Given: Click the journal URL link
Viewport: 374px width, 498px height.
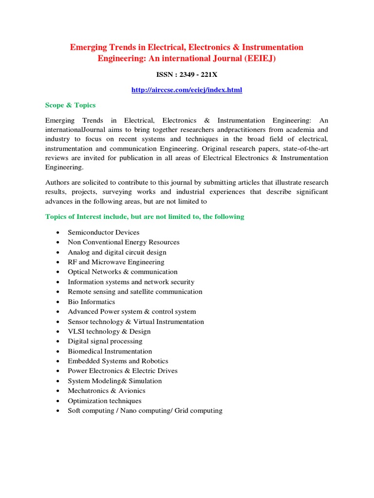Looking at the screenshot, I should pos(187,90).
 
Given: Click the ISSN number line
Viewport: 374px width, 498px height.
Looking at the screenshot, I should pos(187,75).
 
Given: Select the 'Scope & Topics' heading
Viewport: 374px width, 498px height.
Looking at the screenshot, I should pos(70,105).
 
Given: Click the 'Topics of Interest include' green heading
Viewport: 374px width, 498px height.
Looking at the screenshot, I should pos(145,216).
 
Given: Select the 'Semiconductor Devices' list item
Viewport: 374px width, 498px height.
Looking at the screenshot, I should pos(103,232).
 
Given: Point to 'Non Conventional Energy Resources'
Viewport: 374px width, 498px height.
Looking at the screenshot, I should pos(123,242).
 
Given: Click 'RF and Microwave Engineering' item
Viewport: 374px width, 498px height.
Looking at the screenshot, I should pos(116,262).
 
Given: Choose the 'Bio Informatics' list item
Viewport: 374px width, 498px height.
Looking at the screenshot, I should pos(91,302).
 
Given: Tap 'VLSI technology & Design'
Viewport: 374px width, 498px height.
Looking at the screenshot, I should pos(109,331).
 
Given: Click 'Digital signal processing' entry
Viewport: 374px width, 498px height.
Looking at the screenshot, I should pos(105,341).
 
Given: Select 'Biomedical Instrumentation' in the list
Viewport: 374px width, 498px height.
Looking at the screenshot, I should pos(110,351).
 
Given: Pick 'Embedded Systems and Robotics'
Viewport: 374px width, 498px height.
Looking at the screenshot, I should pos(118,361).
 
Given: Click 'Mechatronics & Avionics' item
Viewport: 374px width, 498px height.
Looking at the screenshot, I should pos(106,391).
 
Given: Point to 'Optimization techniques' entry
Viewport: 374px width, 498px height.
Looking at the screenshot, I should pos(104,401).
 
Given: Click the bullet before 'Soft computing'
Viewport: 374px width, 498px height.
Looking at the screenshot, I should pos(58,411).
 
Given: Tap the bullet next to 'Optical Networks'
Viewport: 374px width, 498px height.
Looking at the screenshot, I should pos(58,272).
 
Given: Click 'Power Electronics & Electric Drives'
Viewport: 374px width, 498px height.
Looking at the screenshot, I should pos(122,371).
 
